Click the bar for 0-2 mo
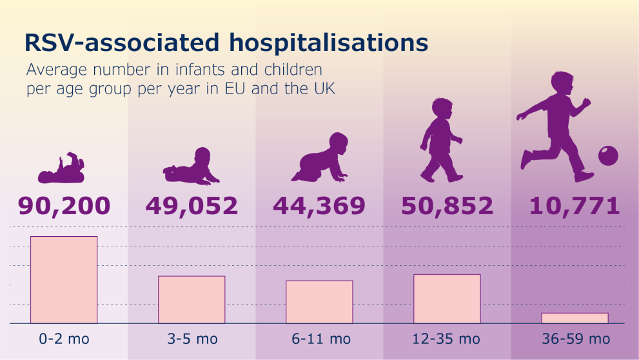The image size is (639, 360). [x=64, y=279]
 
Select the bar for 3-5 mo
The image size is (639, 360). [x=192, y=299]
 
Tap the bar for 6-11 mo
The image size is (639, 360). [x=319, y=301]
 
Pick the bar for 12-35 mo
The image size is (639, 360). [x=447, y=299]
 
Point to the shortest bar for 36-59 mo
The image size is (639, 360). [x=575, y=317]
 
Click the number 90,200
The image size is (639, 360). [x=64, y=205]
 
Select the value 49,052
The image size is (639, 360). [x=192, y=205]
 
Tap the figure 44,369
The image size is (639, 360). [x=319, y=205]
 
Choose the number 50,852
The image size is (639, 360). [x=447, y=205]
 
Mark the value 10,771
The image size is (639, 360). [x=575, y=205]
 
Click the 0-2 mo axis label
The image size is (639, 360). [x=64, y=339]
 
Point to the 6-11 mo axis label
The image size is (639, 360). [x=319, y=339]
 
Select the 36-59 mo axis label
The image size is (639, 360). [x=575, y=339]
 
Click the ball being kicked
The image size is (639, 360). [x=607, y=155]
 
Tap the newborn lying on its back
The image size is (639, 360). [x=61, y=169]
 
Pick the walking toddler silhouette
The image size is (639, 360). [x=441, y=139]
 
